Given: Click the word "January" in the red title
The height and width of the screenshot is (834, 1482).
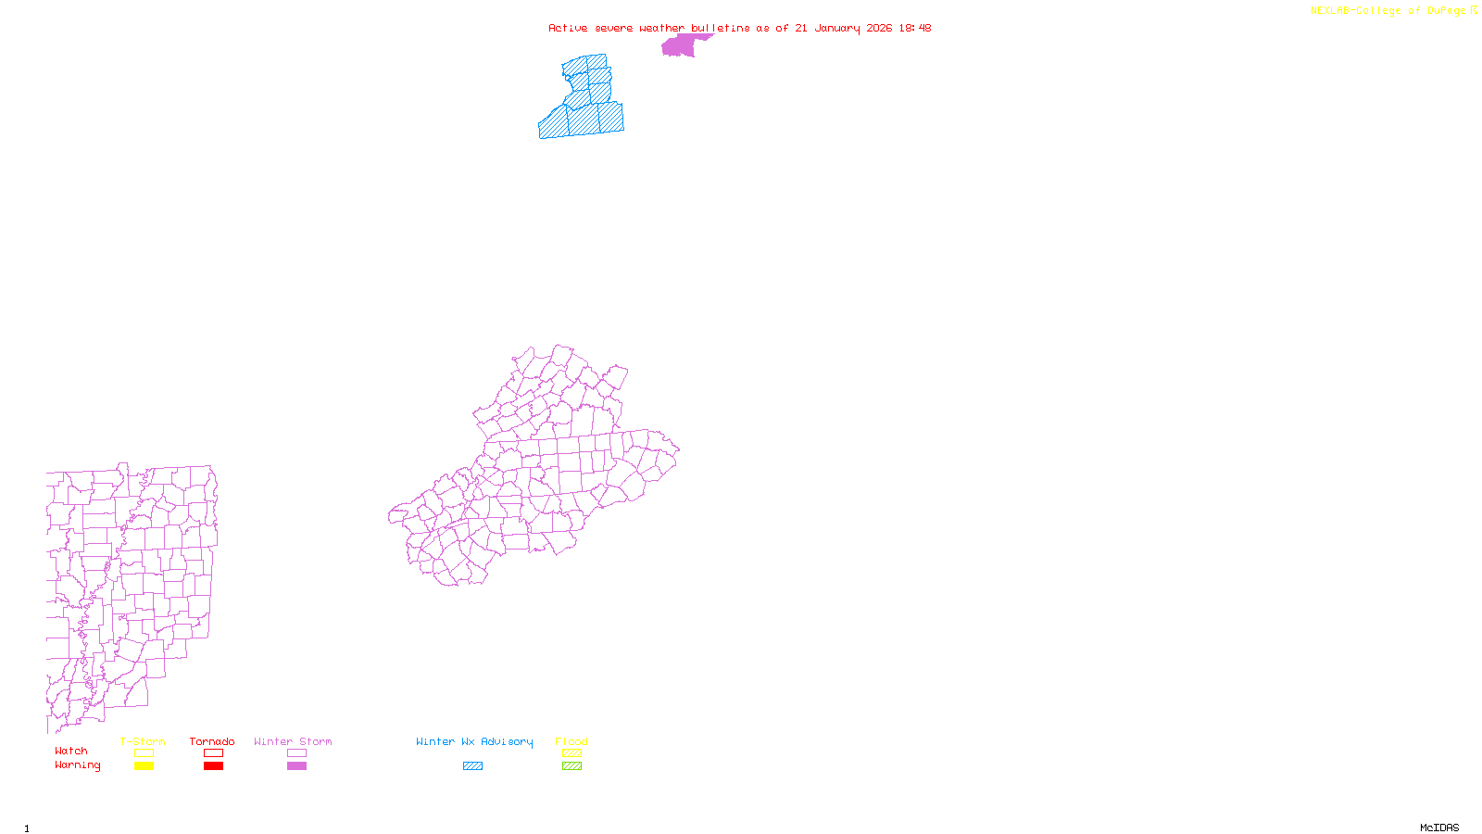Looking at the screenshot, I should pyautogui.click(x=836, y=28).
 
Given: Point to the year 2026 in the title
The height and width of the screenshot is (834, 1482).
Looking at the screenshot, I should pyautogui.click(x=879, y=28).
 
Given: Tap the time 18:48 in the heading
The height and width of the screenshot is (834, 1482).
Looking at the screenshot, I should pyautogui.click(x=914, y=28).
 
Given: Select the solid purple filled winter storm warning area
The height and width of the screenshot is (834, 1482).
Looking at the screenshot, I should pyautogui.click(x=679, y=45).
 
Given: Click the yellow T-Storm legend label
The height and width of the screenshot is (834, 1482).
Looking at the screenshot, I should pyautogui.click(x=143, y=741).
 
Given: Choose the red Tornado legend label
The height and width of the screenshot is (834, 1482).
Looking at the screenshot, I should pyautogui.click(x=212, y=741).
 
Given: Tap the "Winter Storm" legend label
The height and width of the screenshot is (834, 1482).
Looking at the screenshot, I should pyautogui.click(x=293, y=741).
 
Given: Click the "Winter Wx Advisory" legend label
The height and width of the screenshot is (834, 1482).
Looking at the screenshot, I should pyautogui.click(x=474, y=741).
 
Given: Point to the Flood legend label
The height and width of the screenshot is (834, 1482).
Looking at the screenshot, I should pyautogui.click(x=571, y=741).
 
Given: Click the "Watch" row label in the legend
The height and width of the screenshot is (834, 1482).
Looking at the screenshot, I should pyautogui.click(x=71, y=751).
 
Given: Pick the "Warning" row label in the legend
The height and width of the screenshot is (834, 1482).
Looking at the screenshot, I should pyautogui.click(x=78, y=765).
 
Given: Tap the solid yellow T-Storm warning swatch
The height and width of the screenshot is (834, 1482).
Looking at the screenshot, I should pyautogui.click(x=144, y=766).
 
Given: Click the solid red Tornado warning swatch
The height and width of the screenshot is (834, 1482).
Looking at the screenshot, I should pyautogui.click(x=213, y=766).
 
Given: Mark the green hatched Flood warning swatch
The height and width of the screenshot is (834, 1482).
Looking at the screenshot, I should pyautogui.click(x=571, y=766).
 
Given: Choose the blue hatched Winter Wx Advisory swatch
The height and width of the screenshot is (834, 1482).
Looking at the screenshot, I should pyautogui.click(x=472, y=766).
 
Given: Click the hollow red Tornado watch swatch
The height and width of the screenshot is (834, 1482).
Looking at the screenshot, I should pyautogui.click(x=213, y=753).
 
